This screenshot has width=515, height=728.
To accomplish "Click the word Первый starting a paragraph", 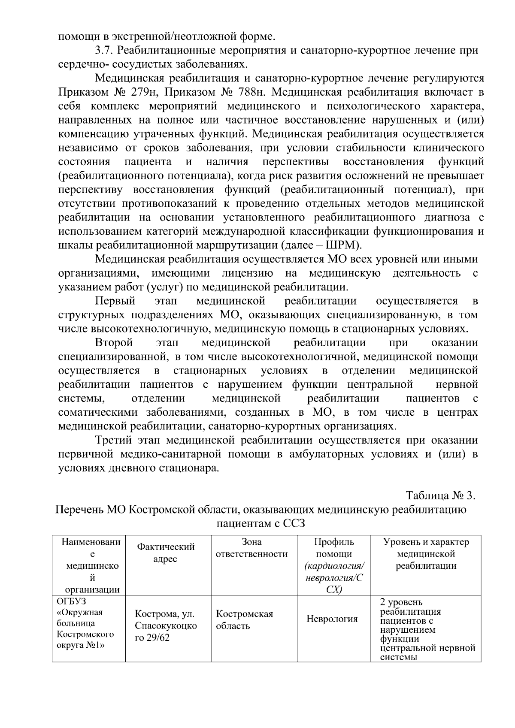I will point(115,301).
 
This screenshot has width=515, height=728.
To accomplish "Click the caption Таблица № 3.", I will point(441,495).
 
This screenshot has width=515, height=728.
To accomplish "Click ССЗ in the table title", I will point(293,523).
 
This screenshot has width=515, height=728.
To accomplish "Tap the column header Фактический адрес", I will point(166,553).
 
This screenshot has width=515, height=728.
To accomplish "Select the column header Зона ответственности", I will point(251,548).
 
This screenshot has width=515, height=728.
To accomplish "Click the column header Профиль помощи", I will point(334,548).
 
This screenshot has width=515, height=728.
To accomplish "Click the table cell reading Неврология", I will point(332,619).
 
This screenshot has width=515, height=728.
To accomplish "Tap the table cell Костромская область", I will point(244,619).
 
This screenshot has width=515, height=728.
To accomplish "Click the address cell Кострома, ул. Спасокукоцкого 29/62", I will point(166,625).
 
